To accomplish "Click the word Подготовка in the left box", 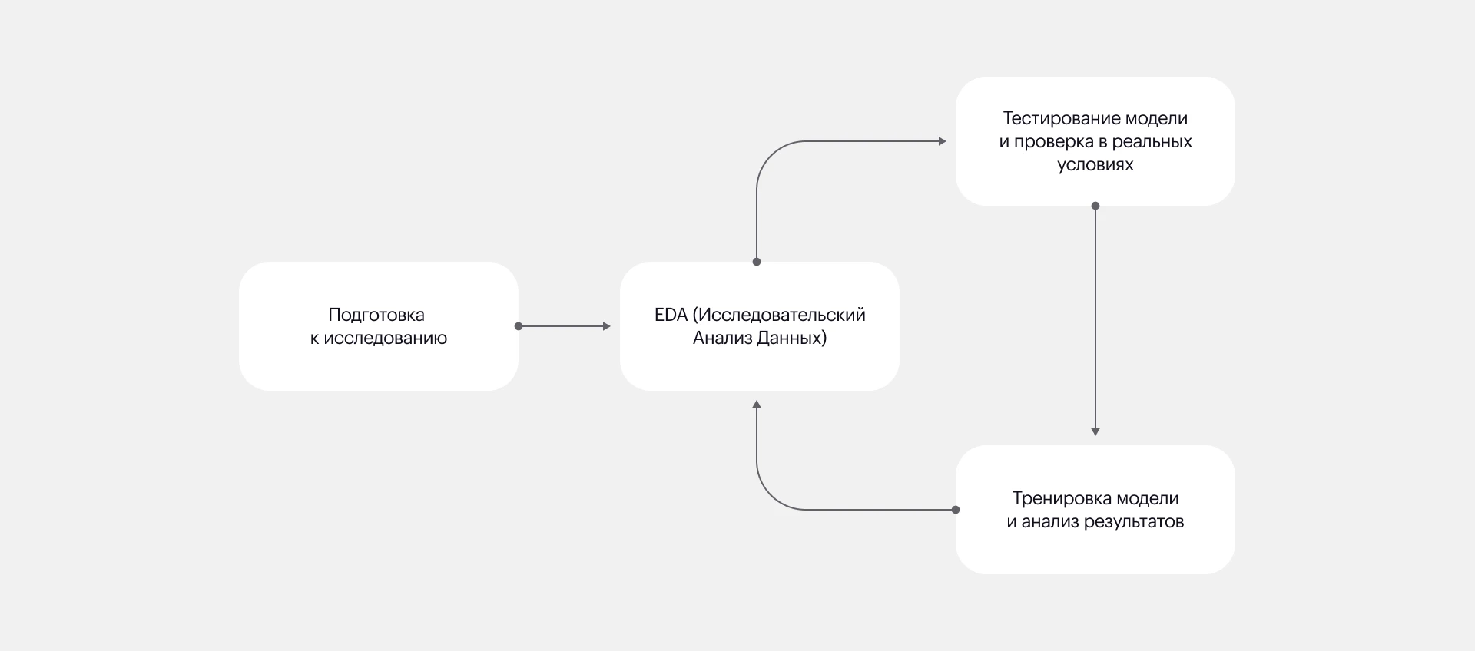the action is [376, 315].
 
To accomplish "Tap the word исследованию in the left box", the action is [385, 338].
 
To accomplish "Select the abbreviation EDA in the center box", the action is [671, 315].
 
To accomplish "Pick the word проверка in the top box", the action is [1059, 142].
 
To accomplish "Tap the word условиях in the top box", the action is [1095, 165].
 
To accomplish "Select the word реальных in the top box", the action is [1152, 142].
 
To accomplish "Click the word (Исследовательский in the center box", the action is [779, 315].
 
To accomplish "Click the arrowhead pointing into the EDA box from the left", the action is [607, 326].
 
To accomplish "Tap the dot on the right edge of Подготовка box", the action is [519, 326].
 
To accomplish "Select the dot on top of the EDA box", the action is [757, 262].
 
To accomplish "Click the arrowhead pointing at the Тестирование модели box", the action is [943, 141].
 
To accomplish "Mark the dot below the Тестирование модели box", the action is [1095, 206].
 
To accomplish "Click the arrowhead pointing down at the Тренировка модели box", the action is [1095, 432].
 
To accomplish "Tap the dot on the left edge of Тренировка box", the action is [956, 510].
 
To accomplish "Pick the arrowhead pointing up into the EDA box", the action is [757, 404].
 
